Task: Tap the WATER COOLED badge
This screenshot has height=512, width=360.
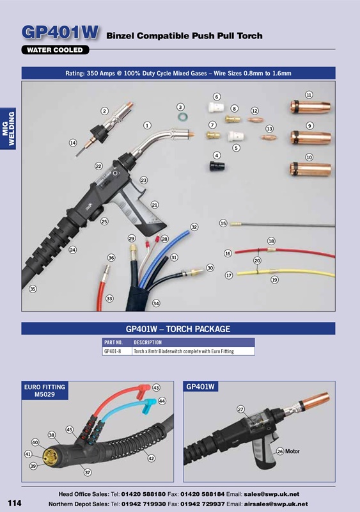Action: (56, 49)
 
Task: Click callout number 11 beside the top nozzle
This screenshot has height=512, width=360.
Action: (309, 95)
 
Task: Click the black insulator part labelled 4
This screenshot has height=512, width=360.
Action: (216, 167)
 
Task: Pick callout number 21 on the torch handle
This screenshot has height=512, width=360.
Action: (155, 205)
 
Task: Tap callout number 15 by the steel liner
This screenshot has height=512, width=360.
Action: (223, 223)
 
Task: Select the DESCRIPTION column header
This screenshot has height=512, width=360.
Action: (149, 342)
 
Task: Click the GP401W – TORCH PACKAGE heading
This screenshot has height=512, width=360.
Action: (178, 329)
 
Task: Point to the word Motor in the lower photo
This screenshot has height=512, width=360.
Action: (292, 452)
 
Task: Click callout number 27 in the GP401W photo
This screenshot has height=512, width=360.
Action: (241, 409)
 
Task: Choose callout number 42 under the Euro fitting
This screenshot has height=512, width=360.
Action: (151, 458)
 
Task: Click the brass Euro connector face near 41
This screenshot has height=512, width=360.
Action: (48, 456)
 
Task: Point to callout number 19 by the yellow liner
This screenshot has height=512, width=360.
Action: (274, 280)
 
